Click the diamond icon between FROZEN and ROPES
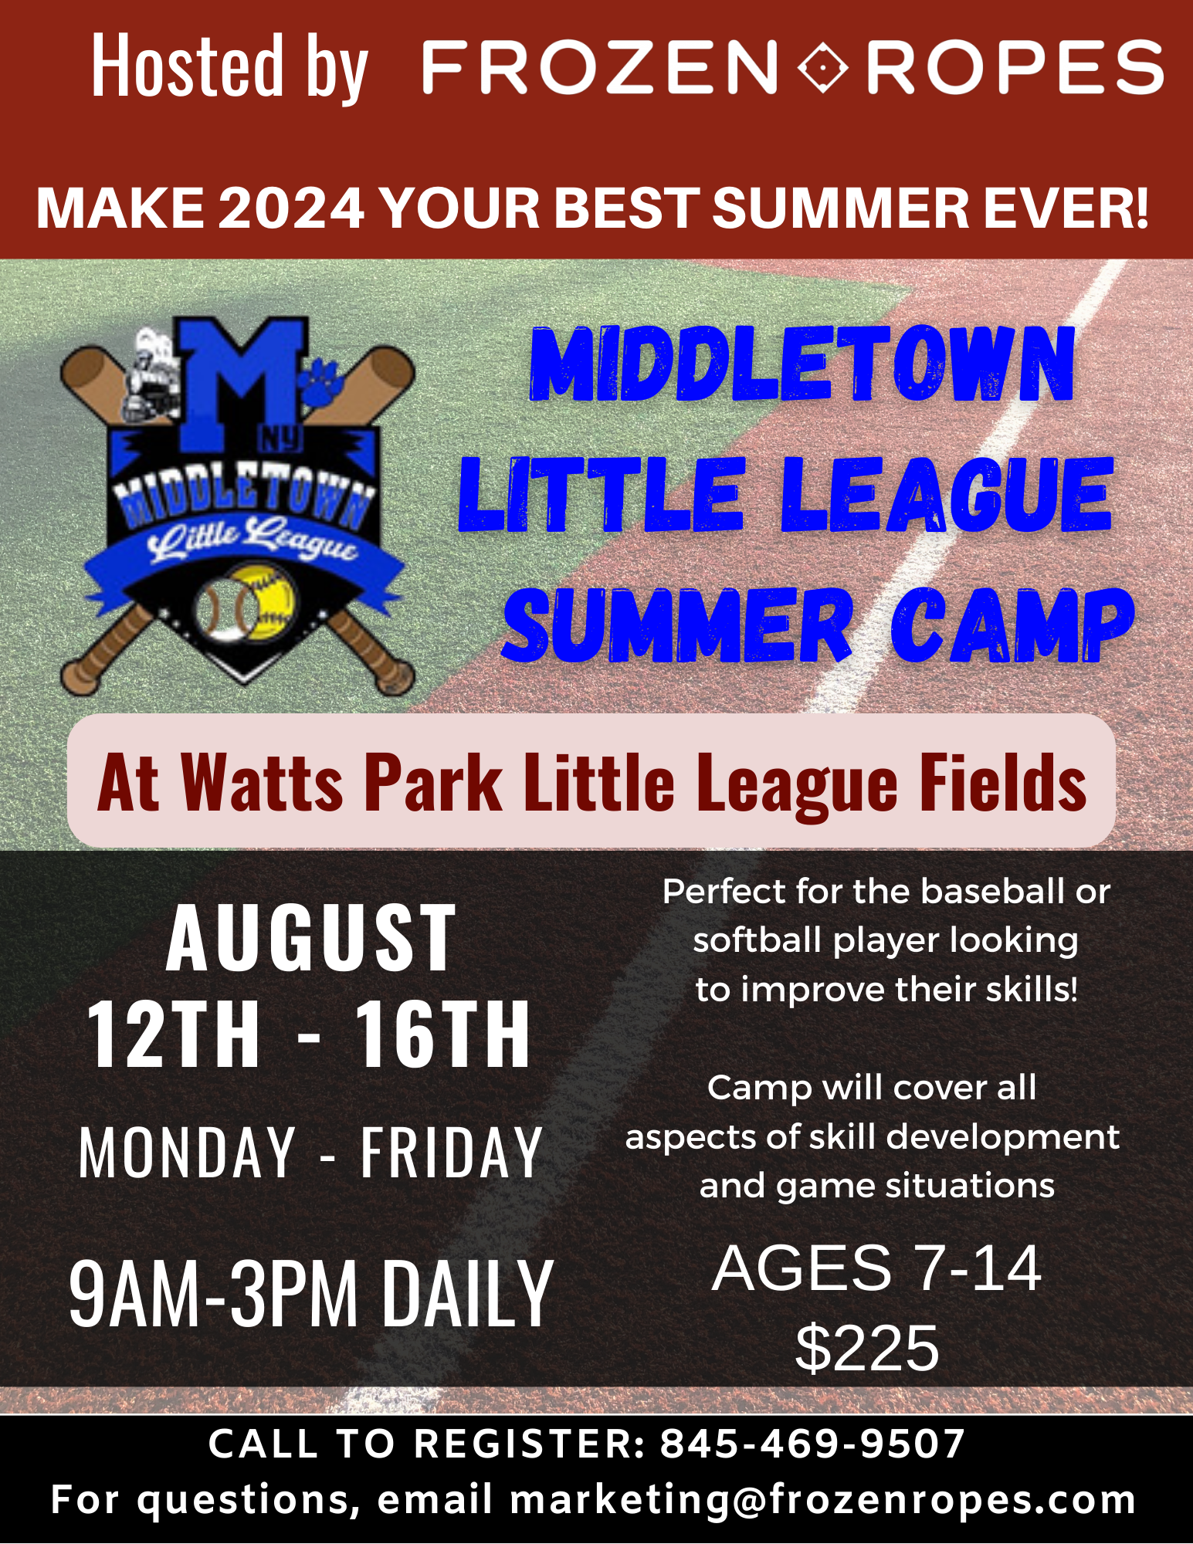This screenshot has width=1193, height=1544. (x=822, y=67)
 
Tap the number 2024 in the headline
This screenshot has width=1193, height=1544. (x=291, y=208)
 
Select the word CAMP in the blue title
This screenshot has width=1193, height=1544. (x=1012, y=625)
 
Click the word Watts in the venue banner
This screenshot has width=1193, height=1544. (x=262, y=783)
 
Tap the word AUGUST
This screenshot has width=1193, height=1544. (x=310, y=938)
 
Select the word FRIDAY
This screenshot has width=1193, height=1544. (x=452, y=1152)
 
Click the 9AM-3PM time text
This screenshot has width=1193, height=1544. (x=214, y=1293)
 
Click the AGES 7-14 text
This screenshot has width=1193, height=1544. (x=876, y=1268)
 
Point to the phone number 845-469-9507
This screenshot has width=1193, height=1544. (x=812, y=1444)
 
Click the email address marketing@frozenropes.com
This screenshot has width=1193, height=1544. (x=822, y=1500)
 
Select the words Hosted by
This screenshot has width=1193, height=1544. (x=229, y=67)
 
